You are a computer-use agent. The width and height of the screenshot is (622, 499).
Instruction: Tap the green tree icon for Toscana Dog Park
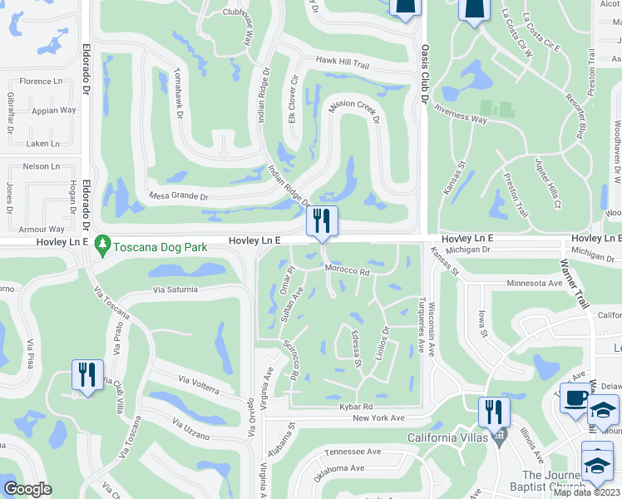click(x=103, y=245)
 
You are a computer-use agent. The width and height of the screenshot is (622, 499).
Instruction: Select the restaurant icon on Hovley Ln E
click(x=322, y=221)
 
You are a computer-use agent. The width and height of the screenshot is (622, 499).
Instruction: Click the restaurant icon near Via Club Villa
click(x=87, y=374)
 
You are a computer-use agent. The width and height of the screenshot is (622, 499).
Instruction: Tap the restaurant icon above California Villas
click(x=494, y=412)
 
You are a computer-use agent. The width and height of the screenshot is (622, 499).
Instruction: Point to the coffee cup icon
click(x=575, y=398)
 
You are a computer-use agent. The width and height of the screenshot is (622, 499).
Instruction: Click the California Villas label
click(x=445, y=437)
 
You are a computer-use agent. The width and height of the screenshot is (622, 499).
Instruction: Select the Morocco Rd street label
click(x=347, y=271)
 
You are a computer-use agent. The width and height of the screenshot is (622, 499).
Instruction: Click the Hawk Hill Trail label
click(x=342, y=62)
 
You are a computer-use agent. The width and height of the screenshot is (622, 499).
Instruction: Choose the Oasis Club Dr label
click(x=424, y=73)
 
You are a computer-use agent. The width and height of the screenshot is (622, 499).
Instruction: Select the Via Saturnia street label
click(x=175, y=289)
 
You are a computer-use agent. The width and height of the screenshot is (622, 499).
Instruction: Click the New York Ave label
click(x=378, y=417)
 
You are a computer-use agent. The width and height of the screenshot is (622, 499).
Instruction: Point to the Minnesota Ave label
click(x=535, y=284)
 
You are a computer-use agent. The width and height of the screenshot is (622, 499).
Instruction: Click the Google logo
click(x=28, y=489)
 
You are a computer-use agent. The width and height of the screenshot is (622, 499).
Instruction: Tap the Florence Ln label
click(x=41, y=82)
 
